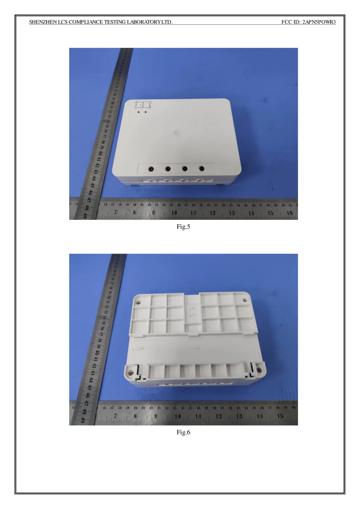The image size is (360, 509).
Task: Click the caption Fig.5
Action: click(183, 227)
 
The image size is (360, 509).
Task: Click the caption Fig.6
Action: click(183, 432)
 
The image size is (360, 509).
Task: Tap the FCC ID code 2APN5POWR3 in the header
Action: click(319, 22)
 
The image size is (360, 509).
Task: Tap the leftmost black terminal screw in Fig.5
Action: click(151, 169)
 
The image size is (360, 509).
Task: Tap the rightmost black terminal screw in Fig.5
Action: click(201, 168)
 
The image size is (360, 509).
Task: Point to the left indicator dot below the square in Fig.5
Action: click(139, 112)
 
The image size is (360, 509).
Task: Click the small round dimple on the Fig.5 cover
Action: click(176, 133)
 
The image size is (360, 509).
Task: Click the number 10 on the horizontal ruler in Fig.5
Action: click(174, 213)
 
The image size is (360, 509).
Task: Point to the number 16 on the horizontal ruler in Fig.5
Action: click(290, 213)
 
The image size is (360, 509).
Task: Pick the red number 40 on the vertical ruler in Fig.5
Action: click(99, 153)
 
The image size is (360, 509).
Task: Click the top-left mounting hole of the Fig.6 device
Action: click(139, 301)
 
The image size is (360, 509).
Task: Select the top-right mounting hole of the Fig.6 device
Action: click(244, 301)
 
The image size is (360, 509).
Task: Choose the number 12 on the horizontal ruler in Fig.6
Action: click(219, 416)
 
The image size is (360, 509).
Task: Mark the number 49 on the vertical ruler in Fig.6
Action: click(83, 420)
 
